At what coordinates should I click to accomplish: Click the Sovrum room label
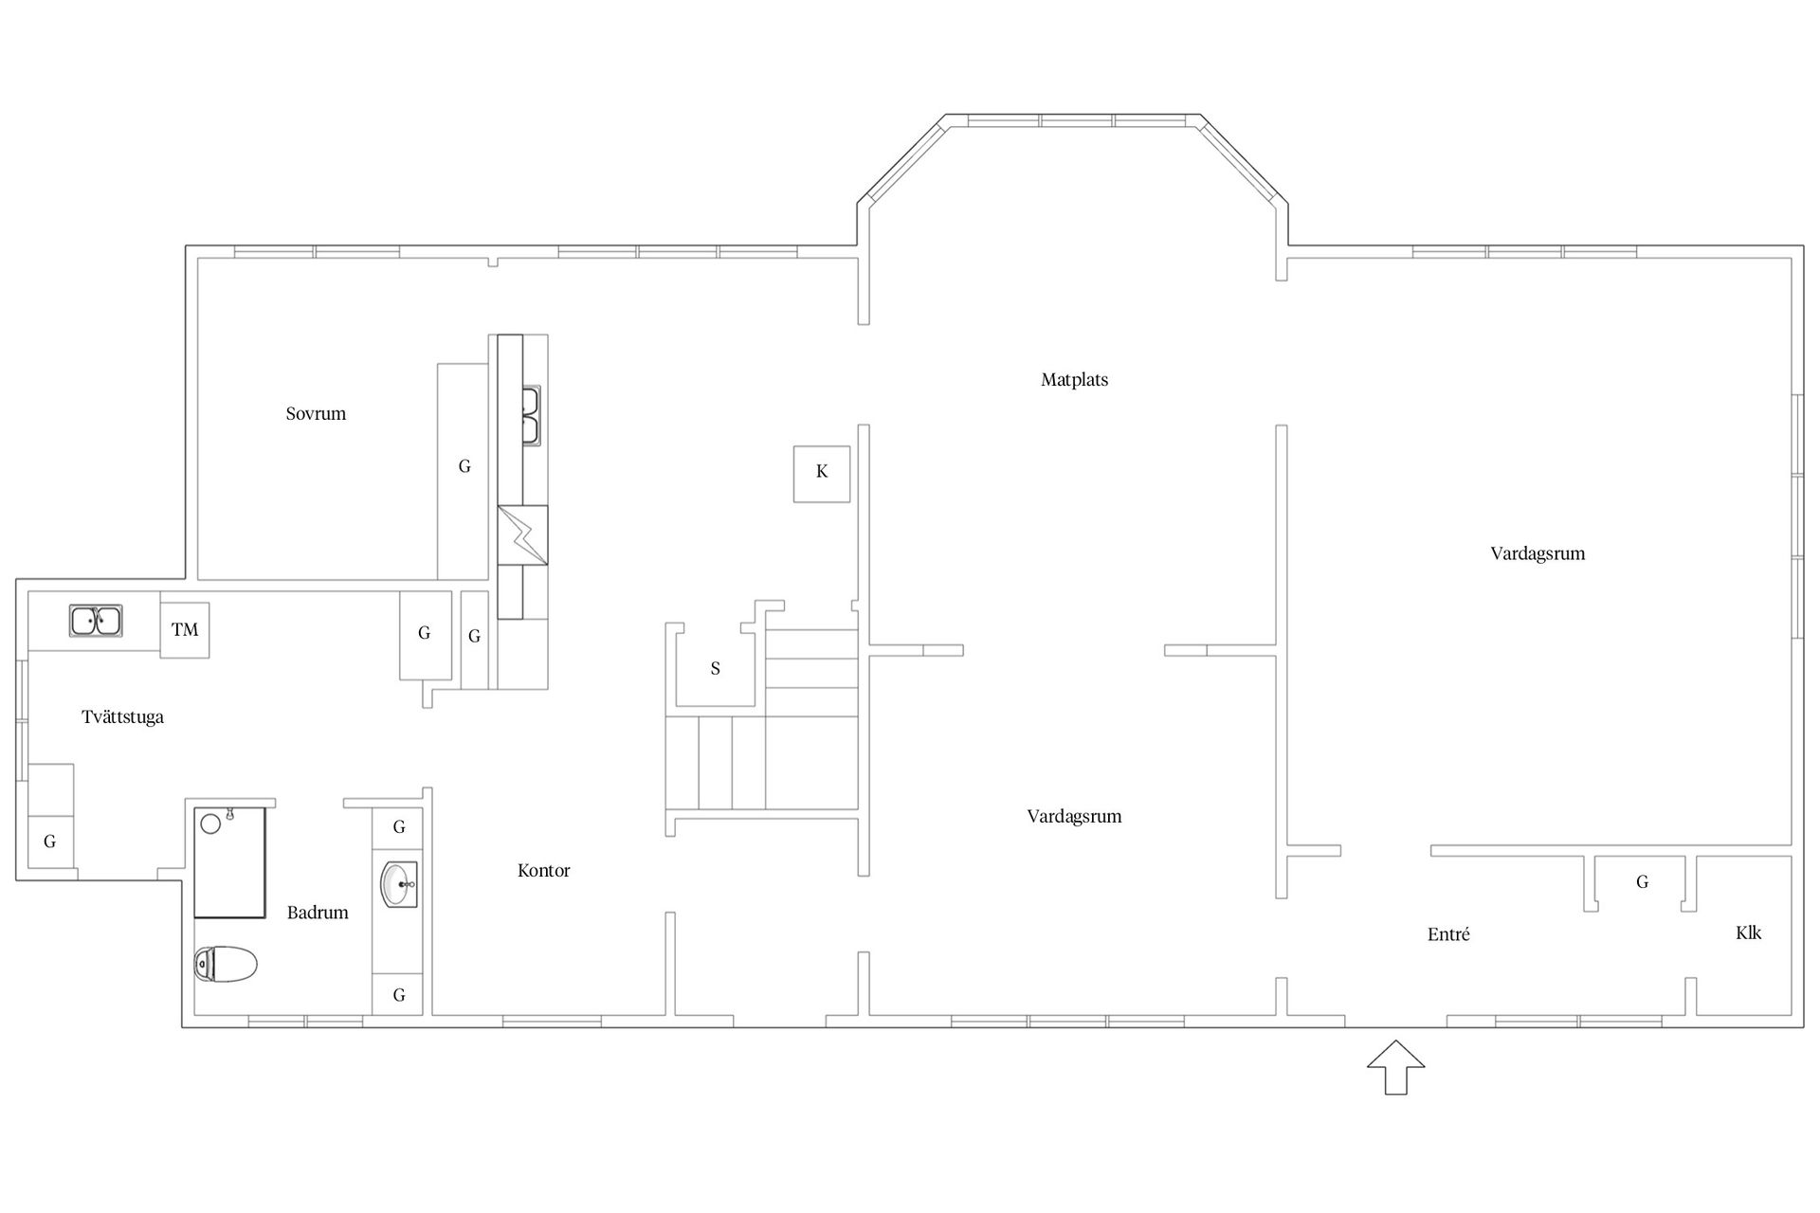pos(316,414)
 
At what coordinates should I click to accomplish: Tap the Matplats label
pos(1074,380)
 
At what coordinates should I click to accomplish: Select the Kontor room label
pos(544,871)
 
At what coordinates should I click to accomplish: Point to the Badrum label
pos(318,913)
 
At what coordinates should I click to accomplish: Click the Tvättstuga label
pos(122,717)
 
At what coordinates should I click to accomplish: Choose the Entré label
pos(1448,934)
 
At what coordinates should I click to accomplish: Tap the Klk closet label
pos(1748,932)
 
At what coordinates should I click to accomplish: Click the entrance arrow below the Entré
pos(1395,1068)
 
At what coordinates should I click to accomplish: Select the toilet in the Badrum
pos(226,965)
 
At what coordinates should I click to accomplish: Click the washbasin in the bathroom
pos(399,884)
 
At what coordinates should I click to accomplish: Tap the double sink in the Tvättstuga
pos(95,622)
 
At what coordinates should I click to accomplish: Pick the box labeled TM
pos(185,629)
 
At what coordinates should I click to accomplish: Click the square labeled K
pos(822,473)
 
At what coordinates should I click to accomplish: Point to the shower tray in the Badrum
pos(230,862)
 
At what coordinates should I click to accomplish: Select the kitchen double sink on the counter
pos(531,415)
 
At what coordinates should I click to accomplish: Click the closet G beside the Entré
pos(1642,882)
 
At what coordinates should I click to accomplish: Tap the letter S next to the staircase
pos(716,669)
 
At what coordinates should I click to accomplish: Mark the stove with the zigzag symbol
pos(522,535)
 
